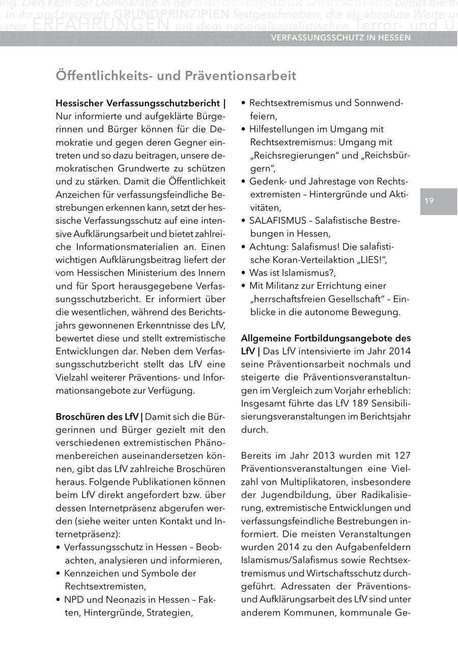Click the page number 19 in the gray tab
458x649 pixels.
coord(429,201)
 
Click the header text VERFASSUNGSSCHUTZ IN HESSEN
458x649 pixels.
coord(341,38)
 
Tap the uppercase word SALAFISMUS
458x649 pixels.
coord(278,221)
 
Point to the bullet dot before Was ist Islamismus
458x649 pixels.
coord(244,273)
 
